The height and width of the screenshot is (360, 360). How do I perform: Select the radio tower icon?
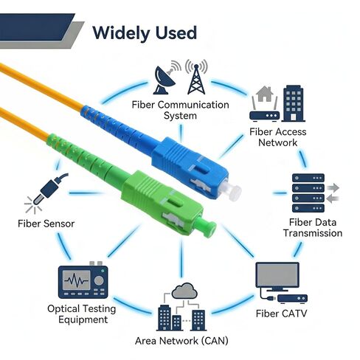pos(196,79)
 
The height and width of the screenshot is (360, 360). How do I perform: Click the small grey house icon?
pos(265,94)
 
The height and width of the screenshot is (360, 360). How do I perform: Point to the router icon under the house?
pos(264,115)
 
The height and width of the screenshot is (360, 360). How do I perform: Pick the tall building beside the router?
pos(293,103)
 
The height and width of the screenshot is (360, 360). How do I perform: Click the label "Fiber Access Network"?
pos(277,137)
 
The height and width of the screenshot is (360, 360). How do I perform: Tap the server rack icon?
pos(308,193)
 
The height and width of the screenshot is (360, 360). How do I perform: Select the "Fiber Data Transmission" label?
pos(313,228)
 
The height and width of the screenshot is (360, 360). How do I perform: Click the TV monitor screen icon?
pos(277,274)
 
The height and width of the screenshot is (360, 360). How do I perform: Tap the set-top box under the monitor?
pos(292,298)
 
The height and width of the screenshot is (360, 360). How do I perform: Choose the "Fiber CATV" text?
pos(281,314)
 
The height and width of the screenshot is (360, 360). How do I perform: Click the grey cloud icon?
pos(184,291)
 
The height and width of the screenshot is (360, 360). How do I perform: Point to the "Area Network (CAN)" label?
pos(181,341)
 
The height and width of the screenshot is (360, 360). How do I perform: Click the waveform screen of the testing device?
pos(77,280)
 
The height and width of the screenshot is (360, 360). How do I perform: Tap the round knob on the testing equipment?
pos(99,280)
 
